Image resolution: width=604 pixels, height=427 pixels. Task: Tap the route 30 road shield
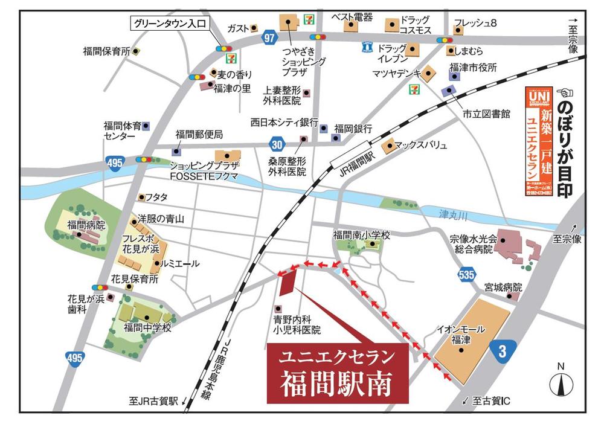(x=276, y=144)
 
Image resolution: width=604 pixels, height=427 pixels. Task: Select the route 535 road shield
(x=466, y=275)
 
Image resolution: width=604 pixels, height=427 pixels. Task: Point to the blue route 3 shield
(x=502, y=350)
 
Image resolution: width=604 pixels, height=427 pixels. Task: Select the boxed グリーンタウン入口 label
(x=170, y=24)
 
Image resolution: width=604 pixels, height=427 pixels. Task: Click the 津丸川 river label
(x=452, y=214)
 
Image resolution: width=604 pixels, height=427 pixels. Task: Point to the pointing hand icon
(x=565, y=92)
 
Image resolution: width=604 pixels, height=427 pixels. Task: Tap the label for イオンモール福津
(x=461, y=335)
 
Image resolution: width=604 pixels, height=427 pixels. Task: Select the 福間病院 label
(x=86, y=225)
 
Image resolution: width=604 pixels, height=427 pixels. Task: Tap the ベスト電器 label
(x=352, y=17)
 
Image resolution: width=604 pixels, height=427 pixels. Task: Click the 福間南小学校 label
(x=362, y=234)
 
